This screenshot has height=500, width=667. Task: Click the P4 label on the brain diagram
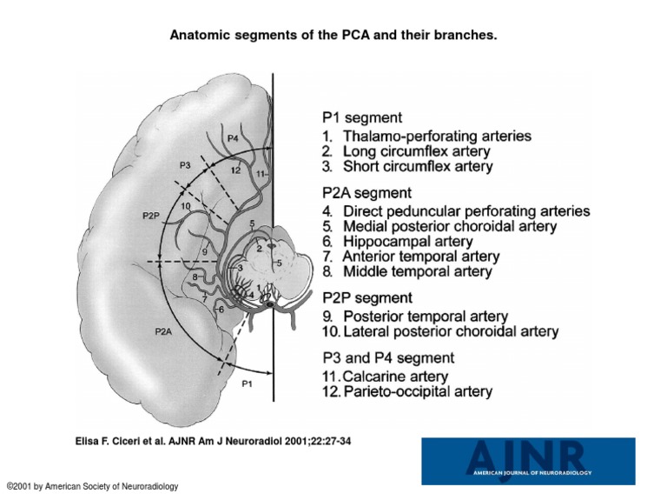pos(233,139)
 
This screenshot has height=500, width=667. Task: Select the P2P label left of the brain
pos(149,214)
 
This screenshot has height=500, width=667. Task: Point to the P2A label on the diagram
pos(162,331)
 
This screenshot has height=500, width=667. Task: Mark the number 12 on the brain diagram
pos(235,171)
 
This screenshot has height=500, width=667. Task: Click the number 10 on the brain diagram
pos(186,206)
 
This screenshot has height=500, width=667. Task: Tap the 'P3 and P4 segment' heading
pos(387,357)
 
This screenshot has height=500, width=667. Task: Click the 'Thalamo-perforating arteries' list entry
pos(426,137)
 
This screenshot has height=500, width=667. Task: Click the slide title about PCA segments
pos(333,37)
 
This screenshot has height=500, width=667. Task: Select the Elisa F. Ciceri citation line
pos(214,442)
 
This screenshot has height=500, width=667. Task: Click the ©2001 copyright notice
pos(92,487)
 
